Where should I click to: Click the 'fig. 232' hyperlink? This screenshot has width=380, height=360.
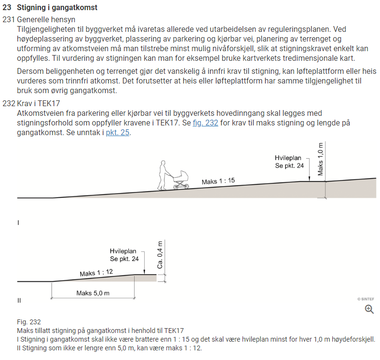pos(205,123)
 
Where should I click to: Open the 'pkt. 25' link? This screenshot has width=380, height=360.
pos(118,133)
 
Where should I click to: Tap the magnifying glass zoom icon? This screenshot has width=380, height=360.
pos(369,309)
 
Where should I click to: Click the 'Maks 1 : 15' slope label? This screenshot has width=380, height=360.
pos(218,181)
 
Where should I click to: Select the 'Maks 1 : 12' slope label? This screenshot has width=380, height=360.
pos(96,273)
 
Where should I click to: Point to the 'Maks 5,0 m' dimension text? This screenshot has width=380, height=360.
pos(93,293)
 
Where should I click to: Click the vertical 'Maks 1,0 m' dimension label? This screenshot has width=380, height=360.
pos(320,159)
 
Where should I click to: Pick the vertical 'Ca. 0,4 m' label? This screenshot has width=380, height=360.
pos(160,255)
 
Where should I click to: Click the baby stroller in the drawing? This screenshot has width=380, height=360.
pos(181,180)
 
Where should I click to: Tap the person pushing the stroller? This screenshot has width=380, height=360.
pos(163,175)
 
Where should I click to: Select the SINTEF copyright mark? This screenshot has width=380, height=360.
pos(366,299)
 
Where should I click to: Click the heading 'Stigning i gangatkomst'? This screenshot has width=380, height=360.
pos(57,8)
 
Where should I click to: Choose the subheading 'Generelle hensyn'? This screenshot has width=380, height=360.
pos(46,19)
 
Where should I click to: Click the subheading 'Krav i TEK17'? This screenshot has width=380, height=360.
pos(38,104)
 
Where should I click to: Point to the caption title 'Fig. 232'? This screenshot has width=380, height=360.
pos(29,322)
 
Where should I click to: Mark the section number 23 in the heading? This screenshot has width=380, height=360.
pos(7,8)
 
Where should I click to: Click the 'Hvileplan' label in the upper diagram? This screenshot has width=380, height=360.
pos(288,158)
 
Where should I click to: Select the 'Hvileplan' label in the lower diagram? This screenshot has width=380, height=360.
pos(123,251)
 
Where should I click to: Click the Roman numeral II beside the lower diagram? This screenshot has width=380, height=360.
pos(19,301)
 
